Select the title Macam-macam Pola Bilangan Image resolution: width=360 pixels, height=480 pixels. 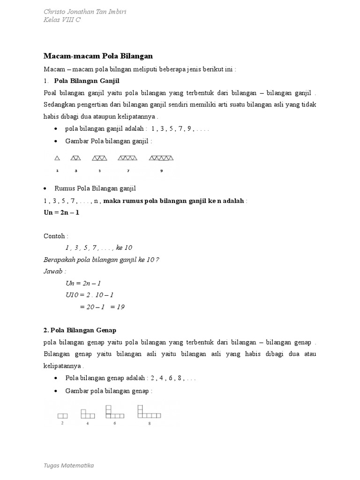98,56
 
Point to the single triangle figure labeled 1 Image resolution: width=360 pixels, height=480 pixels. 57,158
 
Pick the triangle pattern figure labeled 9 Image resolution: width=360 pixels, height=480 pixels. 161,158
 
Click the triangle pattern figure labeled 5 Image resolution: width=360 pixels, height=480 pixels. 100,158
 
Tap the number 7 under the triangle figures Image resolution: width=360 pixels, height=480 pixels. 128,171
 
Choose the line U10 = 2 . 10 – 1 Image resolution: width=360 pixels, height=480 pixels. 90,295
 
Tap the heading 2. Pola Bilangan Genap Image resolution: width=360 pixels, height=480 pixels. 80,330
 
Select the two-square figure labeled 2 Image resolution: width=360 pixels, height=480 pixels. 62,415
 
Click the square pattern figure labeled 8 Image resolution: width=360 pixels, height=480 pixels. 149,412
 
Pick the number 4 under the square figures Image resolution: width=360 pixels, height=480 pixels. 88,424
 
